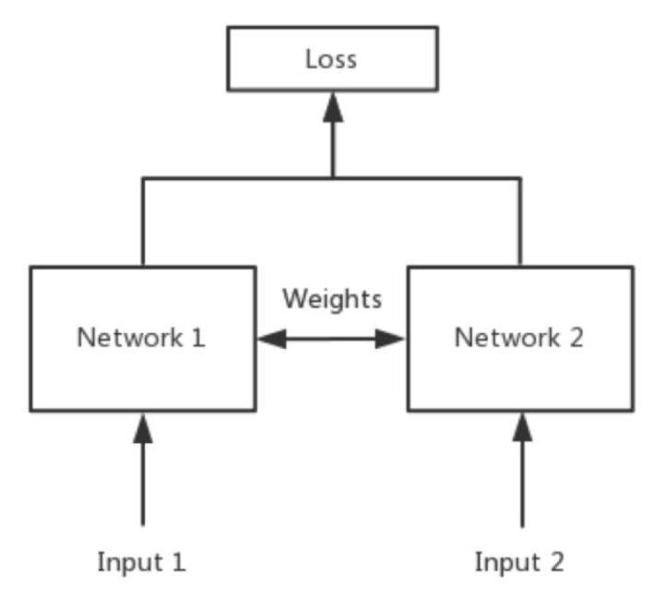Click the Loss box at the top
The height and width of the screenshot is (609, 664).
(x=332, y=59)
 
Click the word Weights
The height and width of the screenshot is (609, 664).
(x=332, y=299)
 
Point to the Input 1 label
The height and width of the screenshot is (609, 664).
(x=142, y=560)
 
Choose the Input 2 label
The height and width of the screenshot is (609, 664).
(x=520, y=560)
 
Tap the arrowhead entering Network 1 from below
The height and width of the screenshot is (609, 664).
(x=142, y=425)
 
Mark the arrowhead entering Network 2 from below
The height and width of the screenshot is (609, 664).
(x=522, y=425)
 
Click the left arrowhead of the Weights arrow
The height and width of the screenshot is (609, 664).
(x=270, y=340)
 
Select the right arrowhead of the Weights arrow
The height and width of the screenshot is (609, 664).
(x=394, y=340)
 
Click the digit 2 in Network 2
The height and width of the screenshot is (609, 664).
(x=575, y=338)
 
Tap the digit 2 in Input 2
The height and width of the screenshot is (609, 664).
(x=557, y=560)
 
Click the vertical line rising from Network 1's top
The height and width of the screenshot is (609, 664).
(x=142, y=221)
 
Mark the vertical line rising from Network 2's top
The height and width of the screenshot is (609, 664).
(x=520, y=221)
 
